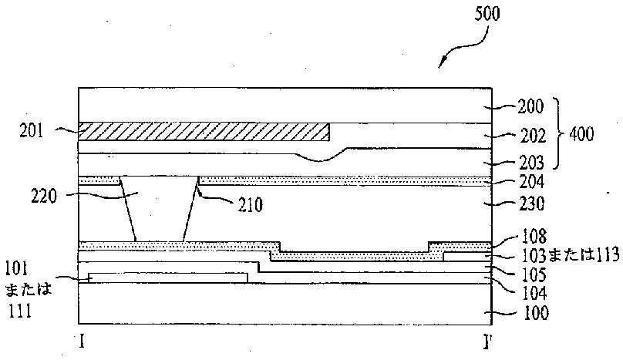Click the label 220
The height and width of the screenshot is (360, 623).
click(45, 195)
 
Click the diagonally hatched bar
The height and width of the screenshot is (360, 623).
click(204, 132)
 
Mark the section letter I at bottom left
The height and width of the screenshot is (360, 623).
click(81, 340)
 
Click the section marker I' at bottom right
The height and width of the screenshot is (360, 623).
click(488, 340)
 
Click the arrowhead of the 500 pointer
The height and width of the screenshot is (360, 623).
click(443, 65)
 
